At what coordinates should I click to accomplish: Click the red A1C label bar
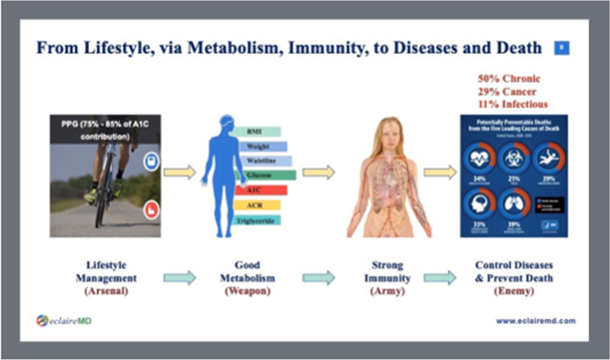[261, 190]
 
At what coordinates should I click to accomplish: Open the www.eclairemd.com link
[536, 321]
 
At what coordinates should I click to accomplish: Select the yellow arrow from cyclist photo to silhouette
[180, 173]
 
